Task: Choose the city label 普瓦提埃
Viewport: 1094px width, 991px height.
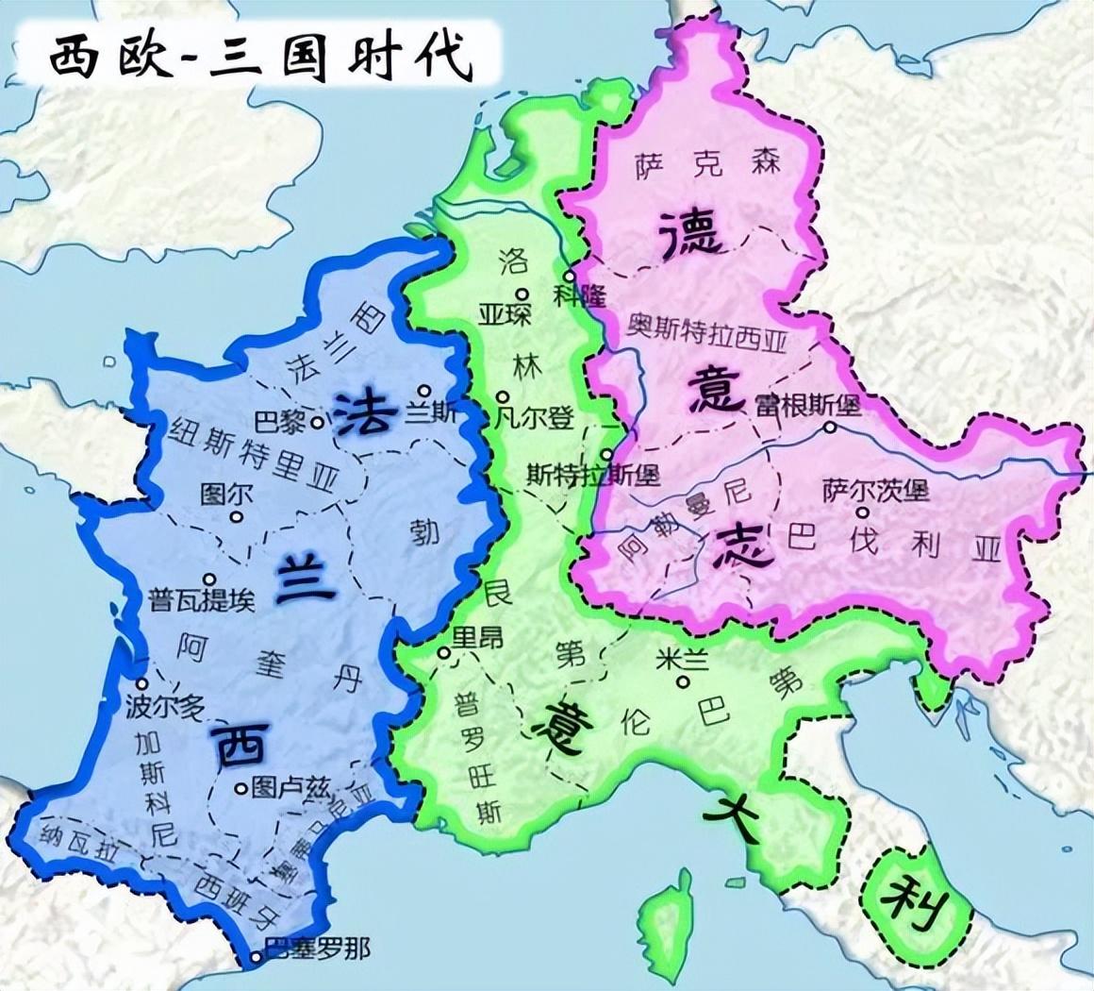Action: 201,599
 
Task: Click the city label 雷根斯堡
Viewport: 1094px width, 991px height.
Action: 807,406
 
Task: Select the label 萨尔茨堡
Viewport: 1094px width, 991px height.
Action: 875,491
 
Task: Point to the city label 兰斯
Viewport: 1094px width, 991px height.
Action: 435,412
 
